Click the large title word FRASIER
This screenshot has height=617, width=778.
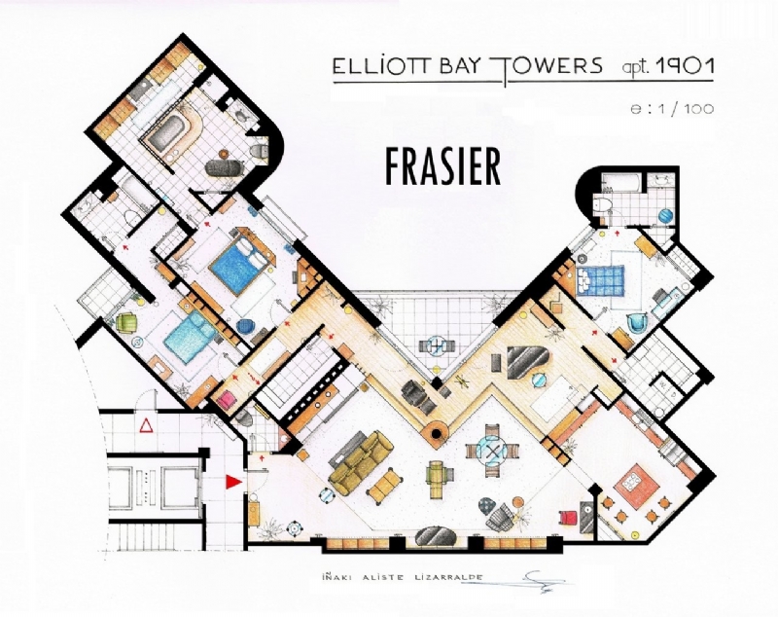[442, 166]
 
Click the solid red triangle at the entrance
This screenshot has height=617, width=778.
[231, 481]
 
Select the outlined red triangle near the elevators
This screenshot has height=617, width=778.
[147, 425]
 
